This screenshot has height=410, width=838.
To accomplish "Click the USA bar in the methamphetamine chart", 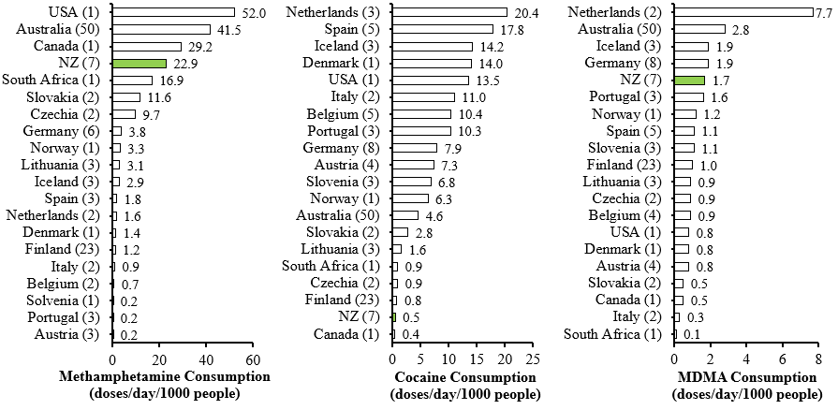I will (173, 12).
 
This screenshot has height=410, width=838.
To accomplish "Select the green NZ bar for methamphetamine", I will (140, 63).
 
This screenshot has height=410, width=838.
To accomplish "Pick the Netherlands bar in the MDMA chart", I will (743, 12).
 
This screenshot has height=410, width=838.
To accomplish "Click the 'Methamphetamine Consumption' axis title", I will (165, 376).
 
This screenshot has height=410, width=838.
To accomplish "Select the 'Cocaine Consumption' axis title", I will (463, 376).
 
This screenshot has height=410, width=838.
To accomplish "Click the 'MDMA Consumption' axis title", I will (745, 376).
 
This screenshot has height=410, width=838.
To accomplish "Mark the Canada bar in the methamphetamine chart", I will (147, 46).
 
